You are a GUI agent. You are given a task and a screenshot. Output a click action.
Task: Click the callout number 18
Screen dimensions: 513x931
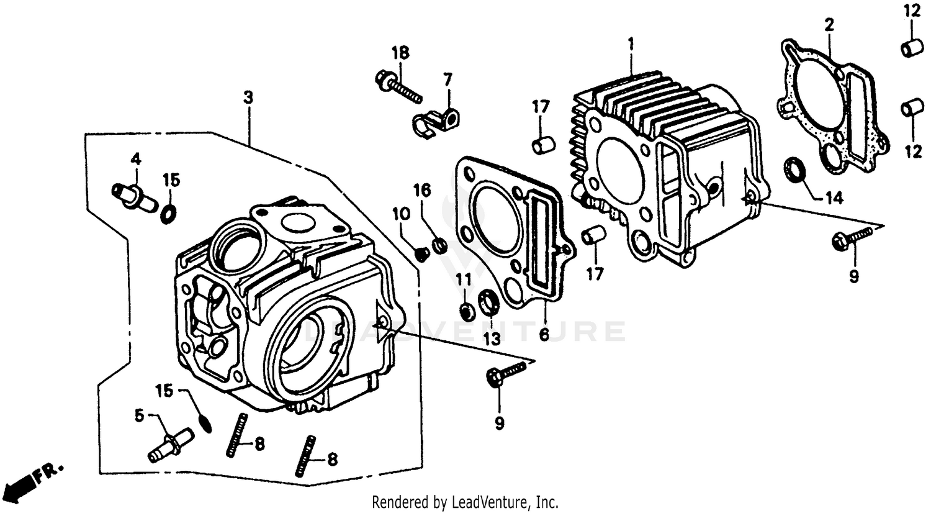(x=400, y=53)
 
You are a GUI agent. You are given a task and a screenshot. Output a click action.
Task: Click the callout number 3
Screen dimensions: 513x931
(x=248, y=98)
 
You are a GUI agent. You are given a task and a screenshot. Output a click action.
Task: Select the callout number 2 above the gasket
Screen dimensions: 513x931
(x=829, y=25)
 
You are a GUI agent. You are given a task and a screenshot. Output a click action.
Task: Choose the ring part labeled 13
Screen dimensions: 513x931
(x=490, y=303)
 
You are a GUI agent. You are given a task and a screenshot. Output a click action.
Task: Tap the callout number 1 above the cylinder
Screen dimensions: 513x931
(x=631, y=44)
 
